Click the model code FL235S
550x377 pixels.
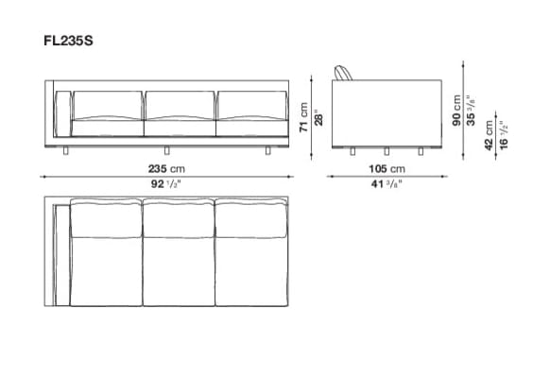pyautogui.click(x=68, y=41)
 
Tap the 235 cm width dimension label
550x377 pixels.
pyautogui.click(x=166, y=169)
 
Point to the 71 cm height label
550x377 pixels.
pyautogui.click(x=303, y=117)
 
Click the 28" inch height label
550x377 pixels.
pyautogui.click(x=318, y=117)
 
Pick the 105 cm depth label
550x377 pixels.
pyautogui.click(x=387, y=169)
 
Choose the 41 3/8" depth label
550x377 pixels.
pyautogui.click(x=387, y=183)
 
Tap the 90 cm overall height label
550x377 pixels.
pyautogui.click(x=456, y=111)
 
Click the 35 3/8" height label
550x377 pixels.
pyautogui.click(x=471, y=111)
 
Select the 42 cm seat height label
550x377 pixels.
pyautogui.click(x=489, y=135)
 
